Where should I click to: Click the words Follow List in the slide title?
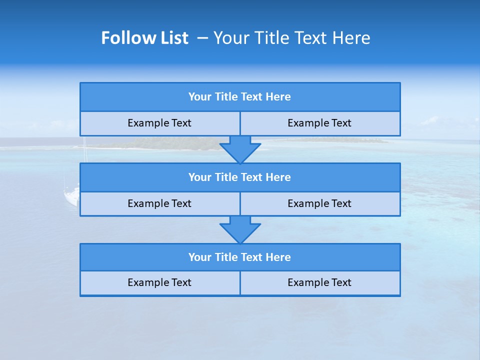pos(144,38)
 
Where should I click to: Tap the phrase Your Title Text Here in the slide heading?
pos(291,38)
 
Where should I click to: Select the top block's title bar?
pos(240,97)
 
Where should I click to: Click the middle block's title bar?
pos(240,177)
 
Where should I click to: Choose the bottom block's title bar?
pos(240,257)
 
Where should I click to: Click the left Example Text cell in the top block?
pos(159,123)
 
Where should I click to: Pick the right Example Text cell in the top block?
pos(319,123)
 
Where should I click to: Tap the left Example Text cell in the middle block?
pos(159,203)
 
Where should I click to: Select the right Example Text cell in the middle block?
pos(319,203)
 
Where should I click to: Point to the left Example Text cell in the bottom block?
pos(159,282)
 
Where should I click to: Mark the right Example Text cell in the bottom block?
pos(319,282)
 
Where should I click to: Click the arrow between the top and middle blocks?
pos(240,149)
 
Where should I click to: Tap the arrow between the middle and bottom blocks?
pos(240,229)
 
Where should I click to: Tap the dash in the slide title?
pos(202,38)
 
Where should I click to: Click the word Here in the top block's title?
pos(278,97)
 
